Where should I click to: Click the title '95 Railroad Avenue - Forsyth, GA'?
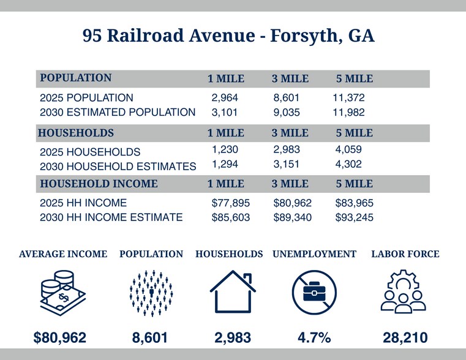click(228, 36)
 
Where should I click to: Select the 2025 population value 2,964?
click(224, 98)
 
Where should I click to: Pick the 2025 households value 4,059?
click(349, 149)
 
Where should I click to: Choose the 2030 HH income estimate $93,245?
click(354, 217)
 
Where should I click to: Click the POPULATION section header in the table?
click(76, 78)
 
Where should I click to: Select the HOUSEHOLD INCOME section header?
click(99, 184)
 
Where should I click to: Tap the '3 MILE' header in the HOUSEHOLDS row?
click(290, 133)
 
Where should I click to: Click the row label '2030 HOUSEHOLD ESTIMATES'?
click(118, 166)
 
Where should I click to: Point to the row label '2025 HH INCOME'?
click(83, 203)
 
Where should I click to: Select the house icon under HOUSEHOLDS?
click(232, 292)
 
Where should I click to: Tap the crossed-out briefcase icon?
click(314, 292)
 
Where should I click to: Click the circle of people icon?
click(151, 292)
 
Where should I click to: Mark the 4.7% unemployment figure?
click(314, 337)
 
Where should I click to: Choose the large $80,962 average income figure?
click(59, 337)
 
